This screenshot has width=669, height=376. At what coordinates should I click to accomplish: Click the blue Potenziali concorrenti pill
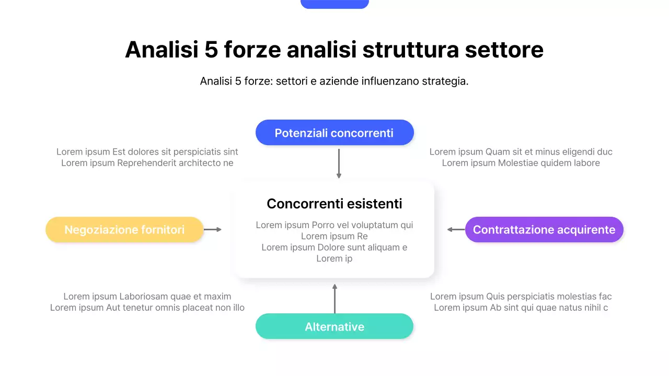tap(334, 133)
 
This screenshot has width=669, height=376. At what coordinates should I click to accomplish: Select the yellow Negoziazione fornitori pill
tap(124, 230)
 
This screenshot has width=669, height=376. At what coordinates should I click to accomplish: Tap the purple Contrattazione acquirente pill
tap(544, 230)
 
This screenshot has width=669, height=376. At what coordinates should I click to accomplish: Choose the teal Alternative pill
tap(334, 327)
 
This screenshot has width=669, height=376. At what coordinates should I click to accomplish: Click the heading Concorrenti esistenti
tap(334, 204)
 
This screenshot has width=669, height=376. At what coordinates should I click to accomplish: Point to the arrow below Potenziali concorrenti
tap(339, 163)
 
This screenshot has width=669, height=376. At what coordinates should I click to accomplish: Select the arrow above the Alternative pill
tap(334, 298)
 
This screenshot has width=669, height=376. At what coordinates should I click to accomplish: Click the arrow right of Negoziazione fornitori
tap(213, 229)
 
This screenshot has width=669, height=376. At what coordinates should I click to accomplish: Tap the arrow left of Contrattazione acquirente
tap(456, 229)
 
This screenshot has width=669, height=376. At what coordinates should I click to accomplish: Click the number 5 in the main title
tap(211, 50)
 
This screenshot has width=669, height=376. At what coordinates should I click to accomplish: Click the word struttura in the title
tap(410, 50)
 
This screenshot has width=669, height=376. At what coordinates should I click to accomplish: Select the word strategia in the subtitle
tap(444, 81)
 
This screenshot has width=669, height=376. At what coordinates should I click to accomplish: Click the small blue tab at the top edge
tap(334, 4)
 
